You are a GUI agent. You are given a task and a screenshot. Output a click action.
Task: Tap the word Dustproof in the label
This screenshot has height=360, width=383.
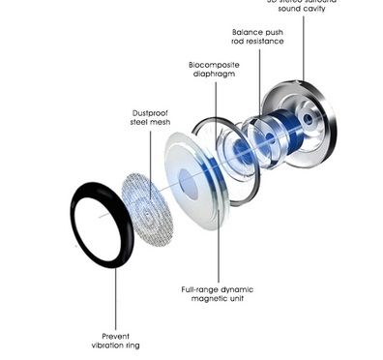150,112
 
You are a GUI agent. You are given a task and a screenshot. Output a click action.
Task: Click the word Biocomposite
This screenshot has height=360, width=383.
214,64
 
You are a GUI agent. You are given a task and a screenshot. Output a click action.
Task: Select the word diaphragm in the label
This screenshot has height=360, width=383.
214,75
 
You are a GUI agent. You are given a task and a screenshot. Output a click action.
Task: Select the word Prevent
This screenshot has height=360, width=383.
116,335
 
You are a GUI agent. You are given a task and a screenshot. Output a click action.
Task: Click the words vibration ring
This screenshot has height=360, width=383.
116,345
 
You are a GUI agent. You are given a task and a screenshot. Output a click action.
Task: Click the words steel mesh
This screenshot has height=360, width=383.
150,124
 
